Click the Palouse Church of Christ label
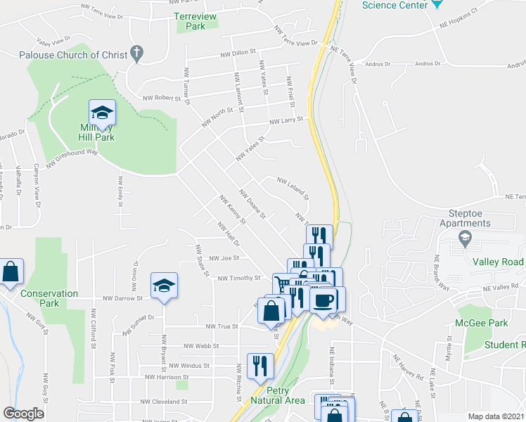tap(73, 54)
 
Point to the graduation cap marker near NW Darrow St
tap(164, 286)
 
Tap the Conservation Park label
tap(39, 298)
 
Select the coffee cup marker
tap(323, 300)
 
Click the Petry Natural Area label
tap(286, 395)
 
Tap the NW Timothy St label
tap(239, 279)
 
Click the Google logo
tap(23, 414)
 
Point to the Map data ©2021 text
tap(495, 416)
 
